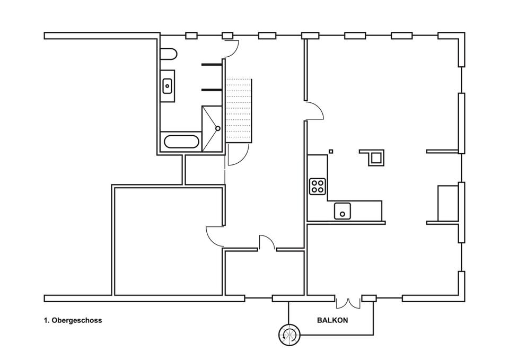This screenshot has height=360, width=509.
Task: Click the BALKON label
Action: [x=332, y=320]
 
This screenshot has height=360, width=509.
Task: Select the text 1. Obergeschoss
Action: [x=73, y=320]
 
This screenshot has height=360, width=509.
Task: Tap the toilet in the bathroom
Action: [x=168, y=55]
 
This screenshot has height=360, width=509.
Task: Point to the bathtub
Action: [x=181, y=142]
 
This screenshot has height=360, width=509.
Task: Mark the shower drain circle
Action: [x=217, y=128]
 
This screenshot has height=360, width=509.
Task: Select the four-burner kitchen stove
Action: [x=318, y=186]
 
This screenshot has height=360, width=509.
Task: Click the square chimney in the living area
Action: [x=376, y=157]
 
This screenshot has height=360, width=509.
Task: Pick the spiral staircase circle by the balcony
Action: [x=289, y=334]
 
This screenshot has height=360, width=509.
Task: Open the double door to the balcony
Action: [x=348, y=302]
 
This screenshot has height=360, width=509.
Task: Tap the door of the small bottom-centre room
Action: [x=267, y=242]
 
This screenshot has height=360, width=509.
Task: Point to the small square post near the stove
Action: [x=330, y=151]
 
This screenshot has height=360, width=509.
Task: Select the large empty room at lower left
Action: [x=167, y=241]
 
